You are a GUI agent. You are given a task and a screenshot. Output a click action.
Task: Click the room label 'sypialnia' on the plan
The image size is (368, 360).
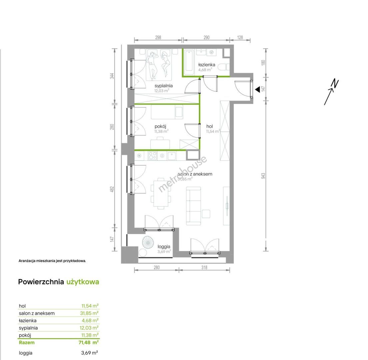click(164, 86)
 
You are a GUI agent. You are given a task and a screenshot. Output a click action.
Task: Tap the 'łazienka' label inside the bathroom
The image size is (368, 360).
click(207, 65)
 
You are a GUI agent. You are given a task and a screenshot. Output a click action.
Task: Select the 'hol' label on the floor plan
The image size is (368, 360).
click(210, 126)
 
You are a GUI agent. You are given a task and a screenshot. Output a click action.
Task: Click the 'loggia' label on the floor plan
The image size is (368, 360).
click(164, 246)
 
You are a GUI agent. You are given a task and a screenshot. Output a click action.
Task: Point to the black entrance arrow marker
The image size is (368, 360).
click(257, 89)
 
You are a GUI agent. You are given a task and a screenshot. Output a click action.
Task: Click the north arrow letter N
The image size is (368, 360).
click(335, 84)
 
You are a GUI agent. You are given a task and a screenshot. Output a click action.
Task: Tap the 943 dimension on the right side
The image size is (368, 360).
click(263, 176)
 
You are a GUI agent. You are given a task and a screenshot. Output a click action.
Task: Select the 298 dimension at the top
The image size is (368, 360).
click(158, 37)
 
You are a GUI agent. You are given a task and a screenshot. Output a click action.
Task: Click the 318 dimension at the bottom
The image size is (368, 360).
click(204, 267)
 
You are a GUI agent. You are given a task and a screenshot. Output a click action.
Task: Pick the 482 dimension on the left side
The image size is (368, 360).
click(112, 189)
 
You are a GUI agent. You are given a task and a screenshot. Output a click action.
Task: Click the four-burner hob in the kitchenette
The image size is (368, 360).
click(152, 156)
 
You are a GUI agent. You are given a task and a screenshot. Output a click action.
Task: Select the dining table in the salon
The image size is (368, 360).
click(161, 194)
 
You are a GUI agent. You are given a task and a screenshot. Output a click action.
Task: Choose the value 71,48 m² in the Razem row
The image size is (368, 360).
click(88, 342)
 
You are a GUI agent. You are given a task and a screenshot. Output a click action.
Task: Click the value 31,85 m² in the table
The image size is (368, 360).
click(89, 313)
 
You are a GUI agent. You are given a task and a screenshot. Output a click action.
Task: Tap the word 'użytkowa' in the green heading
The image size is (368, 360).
click(83, 282)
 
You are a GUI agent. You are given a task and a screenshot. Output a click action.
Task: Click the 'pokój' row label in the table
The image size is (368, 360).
click(25, 335)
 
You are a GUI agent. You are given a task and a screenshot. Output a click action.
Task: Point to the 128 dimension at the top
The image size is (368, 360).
click(240, 37)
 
